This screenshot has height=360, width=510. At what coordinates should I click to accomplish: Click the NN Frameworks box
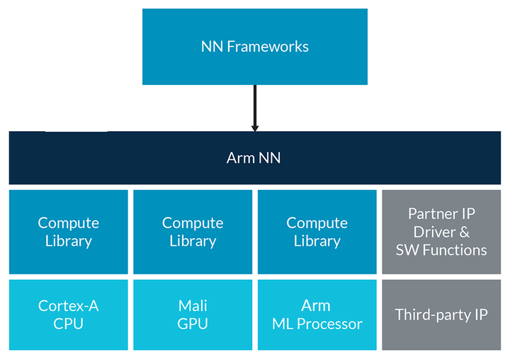(x=255, y=47)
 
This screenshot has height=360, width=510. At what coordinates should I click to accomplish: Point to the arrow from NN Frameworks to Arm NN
(x=255, y=108)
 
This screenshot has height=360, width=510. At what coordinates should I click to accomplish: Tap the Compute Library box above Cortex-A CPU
(x=69, y=232)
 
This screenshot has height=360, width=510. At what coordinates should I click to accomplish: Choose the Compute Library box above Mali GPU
(x=193, y=232)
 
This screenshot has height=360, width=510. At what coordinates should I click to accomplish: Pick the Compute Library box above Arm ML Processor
(x=317, y=232)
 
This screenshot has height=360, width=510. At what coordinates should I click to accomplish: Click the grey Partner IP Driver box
(x=441, y=232)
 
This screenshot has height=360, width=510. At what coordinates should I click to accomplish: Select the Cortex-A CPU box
(x=69, y=315)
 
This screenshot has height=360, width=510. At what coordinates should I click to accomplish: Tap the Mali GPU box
(x=193, y=315)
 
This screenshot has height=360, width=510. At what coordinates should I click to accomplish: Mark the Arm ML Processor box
(x=317, y=315)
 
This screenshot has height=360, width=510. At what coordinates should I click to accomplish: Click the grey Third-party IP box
(x=441, y=315)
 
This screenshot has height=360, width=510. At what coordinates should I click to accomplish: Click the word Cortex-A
(x=69, y=306)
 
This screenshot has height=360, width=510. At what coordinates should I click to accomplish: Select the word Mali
(x=193, y=306)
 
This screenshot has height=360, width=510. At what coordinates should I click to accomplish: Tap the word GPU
(x=193, y=324)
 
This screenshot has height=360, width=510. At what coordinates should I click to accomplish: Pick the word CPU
(x=69, y=324)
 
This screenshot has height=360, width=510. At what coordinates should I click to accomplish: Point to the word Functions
(x=454, y=250)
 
